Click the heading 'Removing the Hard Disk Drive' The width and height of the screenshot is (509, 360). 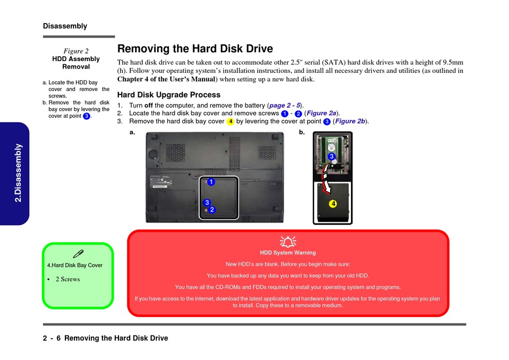point(195,49)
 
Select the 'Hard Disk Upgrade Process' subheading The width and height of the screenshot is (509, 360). point(168,95)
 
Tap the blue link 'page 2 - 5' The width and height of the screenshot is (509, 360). point(285,106)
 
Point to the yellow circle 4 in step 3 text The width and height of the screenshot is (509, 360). point(230,122)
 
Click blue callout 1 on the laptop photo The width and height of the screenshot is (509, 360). point(211,182)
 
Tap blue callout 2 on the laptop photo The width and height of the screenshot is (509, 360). point(212,209)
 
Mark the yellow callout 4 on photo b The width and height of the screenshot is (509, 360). point(333,204)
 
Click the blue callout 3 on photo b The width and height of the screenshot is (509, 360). point(332,156)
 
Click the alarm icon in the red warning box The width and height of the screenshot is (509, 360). point(288,242)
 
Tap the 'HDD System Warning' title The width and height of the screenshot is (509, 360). point(288,253)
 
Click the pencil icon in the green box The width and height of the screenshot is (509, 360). point(78,253)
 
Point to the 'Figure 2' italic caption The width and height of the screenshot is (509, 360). point(76,51)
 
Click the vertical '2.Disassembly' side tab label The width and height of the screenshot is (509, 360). point(18,172)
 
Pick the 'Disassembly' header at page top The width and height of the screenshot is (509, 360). point(65,26)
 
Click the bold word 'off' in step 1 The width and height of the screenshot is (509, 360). point(148,106)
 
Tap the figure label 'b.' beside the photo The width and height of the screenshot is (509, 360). point(302,132)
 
